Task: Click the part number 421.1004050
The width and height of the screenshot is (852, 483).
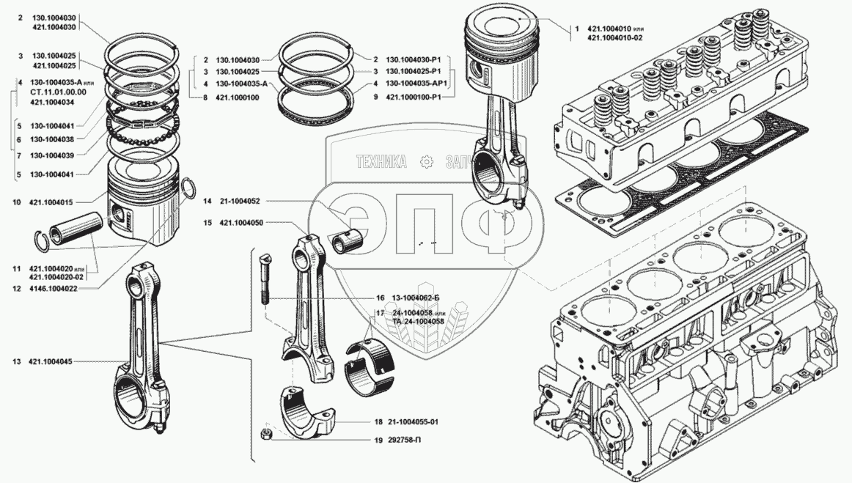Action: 243,222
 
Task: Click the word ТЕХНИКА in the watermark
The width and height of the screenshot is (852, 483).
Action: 381,162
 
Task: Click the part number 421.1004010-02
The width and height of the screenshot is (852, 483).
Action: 614,38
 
